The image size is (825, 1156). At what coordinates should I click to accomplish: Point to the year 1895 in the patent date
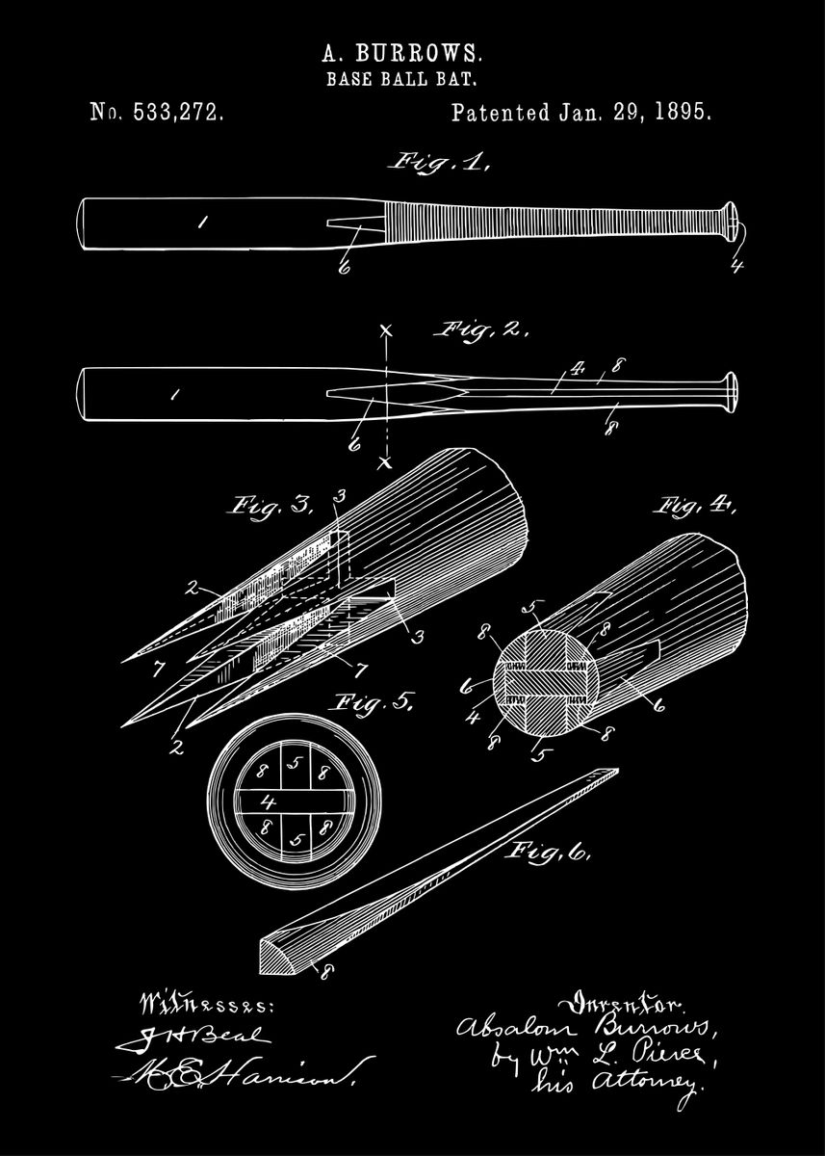pyautogui.click(x=683, y=113)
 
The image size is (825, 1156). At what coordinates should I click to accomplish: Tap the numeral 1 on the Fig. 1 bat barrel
pyautogui.click(x=202, y=223)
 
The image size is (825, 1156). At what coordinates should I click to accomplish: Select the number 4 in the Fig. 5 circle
pyautogui.click(x=269, y=801)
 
